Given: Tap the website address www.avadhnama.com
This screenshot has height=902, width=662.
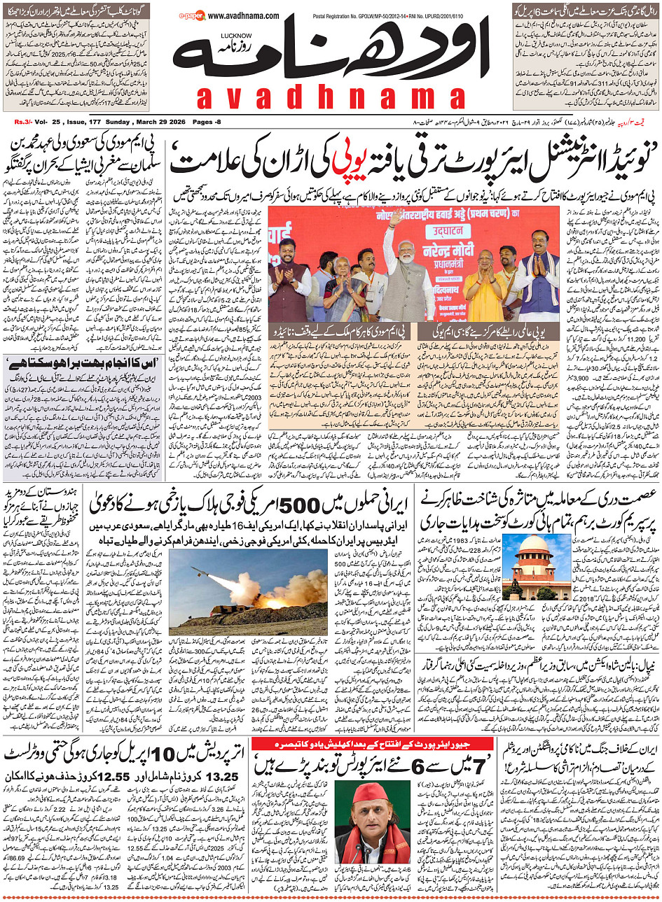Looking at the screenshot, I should click(243, 15).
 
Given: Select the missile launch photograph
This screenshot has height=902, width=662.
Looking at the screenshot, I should click(249, 589).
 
